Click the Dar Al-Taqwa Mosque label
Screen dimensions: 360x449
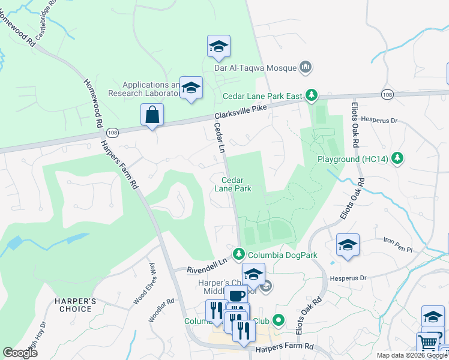point(256,67)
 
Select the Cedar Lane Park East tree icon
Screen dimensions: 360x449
point(312,95)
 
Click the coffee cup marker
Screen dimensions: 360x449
point(236,296)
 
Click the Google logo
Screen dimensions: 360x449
point(20,353)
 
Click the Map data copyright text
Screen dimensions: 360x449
point(411,355)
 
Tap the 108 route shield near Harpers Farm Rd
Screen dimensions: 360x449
point(112,132)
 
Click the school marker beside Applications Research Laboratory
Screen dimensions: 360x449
point(191,88)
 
